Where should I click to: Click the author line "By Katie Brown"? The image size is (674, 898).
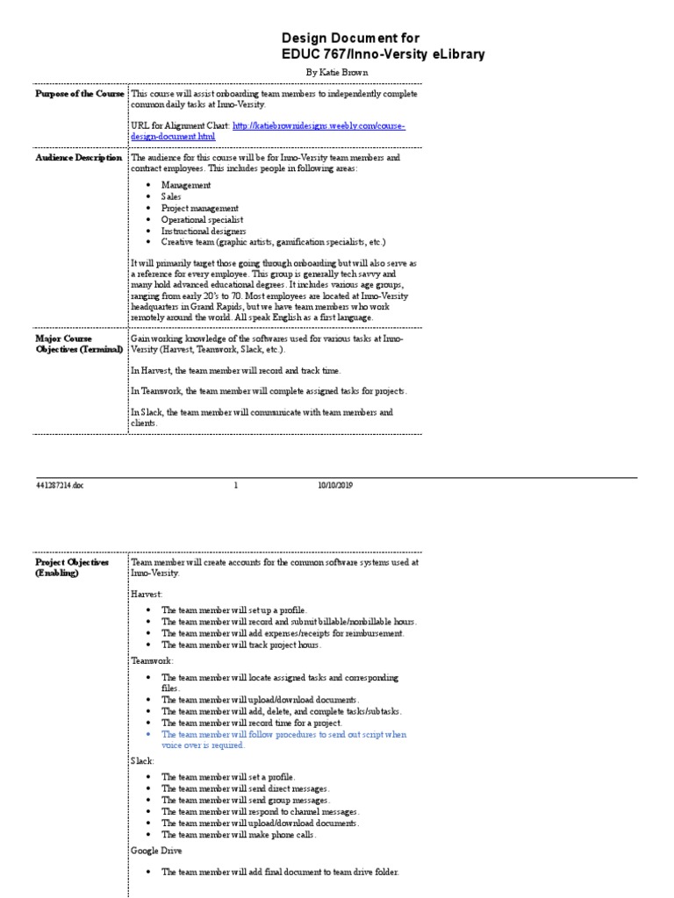[x=337, y=72]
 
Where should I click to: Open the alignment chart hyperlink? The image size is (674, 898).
[x=319, y=125]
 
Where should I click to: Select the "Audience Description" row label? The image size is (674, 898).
[x=79, y=158]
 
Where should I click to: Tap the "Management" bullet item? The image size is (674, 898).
[x=185, y=185]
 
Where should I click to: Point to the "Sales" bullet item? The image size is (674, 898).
[x=171, y=196]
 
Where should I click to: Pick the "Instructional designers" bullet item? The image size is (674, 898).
[x=197, y=231]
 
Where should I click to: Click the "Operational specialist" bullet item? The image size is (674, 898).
[x=202, y=219]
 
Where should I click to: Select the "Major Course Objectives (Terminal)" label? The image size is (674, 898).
[x=74, y=342]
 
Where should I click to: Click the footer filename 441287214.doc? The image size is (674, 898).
[x=61, y=485]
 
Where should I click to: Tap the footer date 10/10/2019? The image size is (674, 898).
[x=334, y=485]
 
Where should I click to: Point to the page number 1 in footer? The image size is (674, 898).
[x=236, y=485]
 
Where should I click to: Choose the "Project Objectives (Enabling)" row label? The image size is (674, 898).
[x=72, y=567]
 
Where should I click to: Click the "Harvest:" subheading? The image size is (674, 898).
[x=147, y=594]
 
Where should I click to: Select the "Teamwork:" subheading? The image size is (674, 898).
[x=152, y=659]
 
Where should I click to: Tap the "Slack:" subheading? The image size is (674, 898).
[x=143, y=761]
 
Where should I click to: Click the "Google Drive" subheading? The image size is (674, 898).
[x=157, y=851]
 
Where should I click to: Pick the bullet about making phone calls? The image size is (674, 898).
[x=239, y=835]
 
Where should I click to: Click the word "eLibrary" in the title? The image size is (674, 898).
[x=457, y=54]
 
